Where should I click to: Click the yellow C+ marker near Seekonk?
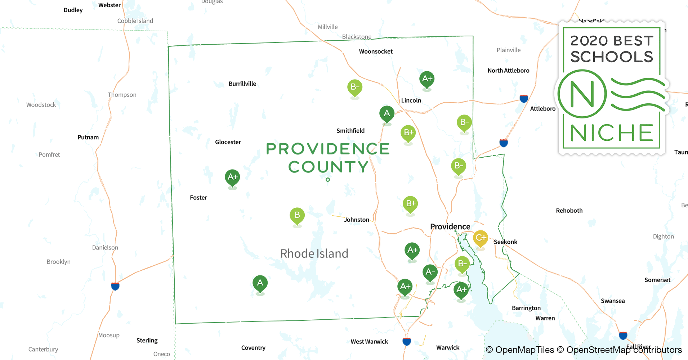481,238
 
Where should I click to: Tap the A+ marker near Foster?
232,177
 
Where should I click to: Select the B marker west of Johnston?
297,216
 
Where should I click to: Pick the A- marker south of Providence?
430,272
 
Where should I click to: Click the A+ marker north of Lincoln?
427,79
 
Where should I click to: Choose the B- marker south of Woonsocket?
355,87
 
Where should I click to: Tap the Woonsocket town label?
376,51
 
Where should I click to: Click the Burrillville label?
242,84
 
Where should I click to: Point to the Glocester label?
228,142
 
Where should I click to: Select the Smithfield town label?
350,131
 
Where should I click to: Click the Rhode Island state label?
314,254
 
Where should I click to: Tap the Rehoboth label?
569,211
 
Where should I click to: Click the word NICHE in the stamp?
612,133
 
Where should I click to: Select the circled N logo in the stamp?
582,94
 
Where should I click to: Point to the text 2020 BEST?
612,41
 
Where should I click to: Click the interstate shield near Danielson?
115,286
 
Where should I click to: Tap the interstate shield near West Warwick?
407,341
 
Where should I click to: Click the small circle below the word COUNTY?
328,180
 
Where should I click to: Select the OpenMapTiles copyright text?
520,350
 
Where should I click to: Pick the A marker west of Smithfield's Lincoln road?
387,114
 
